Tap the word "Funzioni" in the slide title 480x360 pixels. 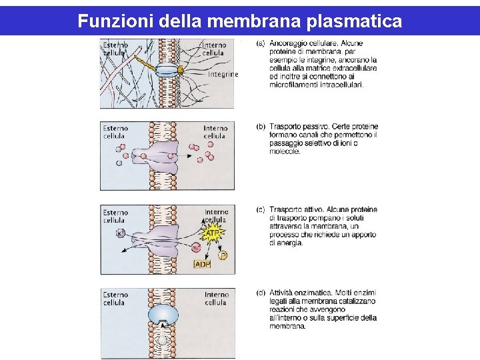[115, 21]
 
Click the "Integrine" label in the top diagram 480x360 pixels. [223, 75]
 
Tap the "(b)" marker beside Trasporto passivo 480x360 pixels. [261, 126]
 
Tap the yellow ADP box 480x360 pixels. [202, 264]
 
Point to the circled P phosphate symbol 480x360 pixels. [223, 255]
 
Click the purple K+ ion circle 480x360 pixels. [121, 233]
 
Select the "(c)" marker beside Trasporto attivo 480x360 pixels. [261, 209]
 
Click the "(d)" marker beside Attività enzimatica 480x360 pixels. [261, 293]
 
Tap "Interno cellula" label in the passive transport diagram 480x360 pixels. [215, 132]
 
